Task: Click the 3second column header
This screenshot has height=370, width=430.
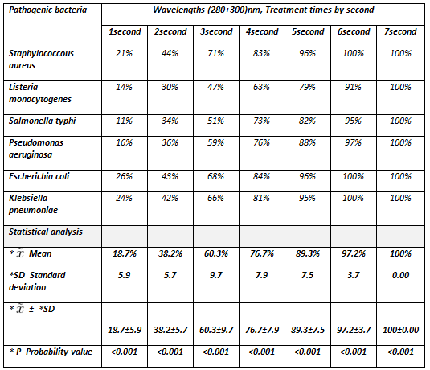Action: coord(216,31)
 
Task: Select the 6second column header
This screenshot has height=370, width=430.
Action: coord(354,31)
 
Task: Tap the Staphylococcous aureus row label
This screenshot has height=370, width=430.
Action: coord(41,59)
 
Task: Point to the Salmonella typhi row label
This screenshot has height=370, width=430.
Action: coord(42,121)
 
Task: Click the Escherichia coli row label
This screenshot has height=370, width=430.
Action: coord(39,176)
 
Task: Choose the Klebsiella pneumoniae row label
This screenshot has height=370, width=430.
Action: coord(33,204)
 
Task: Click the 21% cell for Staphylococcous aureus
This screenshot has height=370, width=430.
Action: coord(124,53)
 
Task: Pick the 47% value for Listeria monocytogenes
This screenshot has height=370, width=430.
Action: coord(215,87)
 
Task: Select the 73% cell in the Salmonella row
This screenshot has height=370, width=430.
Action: coord(261,121)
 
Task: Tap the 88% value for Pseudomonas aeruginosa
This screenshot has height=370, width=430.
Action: coord(307,142)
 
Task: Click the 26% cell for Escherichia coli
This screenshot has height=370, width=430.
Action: coord(124,176)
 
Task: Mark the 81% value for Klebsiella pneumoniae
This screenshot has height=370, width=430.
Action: coord(261,198)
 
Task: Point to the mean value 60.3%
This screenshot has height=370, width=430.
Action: coord(216,253)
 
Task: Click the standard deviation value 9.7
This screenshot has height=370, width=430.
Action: coord(216,275)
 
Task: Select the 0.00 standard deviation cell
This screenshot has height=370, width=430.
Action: coord(400,275)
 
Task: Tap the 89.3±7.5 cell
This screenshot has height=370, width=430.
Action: coord(308,330)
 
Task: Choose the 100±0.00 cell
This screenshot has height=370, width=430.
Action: coord(400,330)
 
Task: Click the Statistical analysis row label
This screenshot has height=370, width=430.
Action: coord(46,232)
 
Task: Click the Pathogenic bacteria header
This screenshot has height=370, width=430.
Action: coord(47,10)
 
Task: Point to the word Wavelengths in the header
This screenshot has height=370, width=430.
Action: coord(178,10)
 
